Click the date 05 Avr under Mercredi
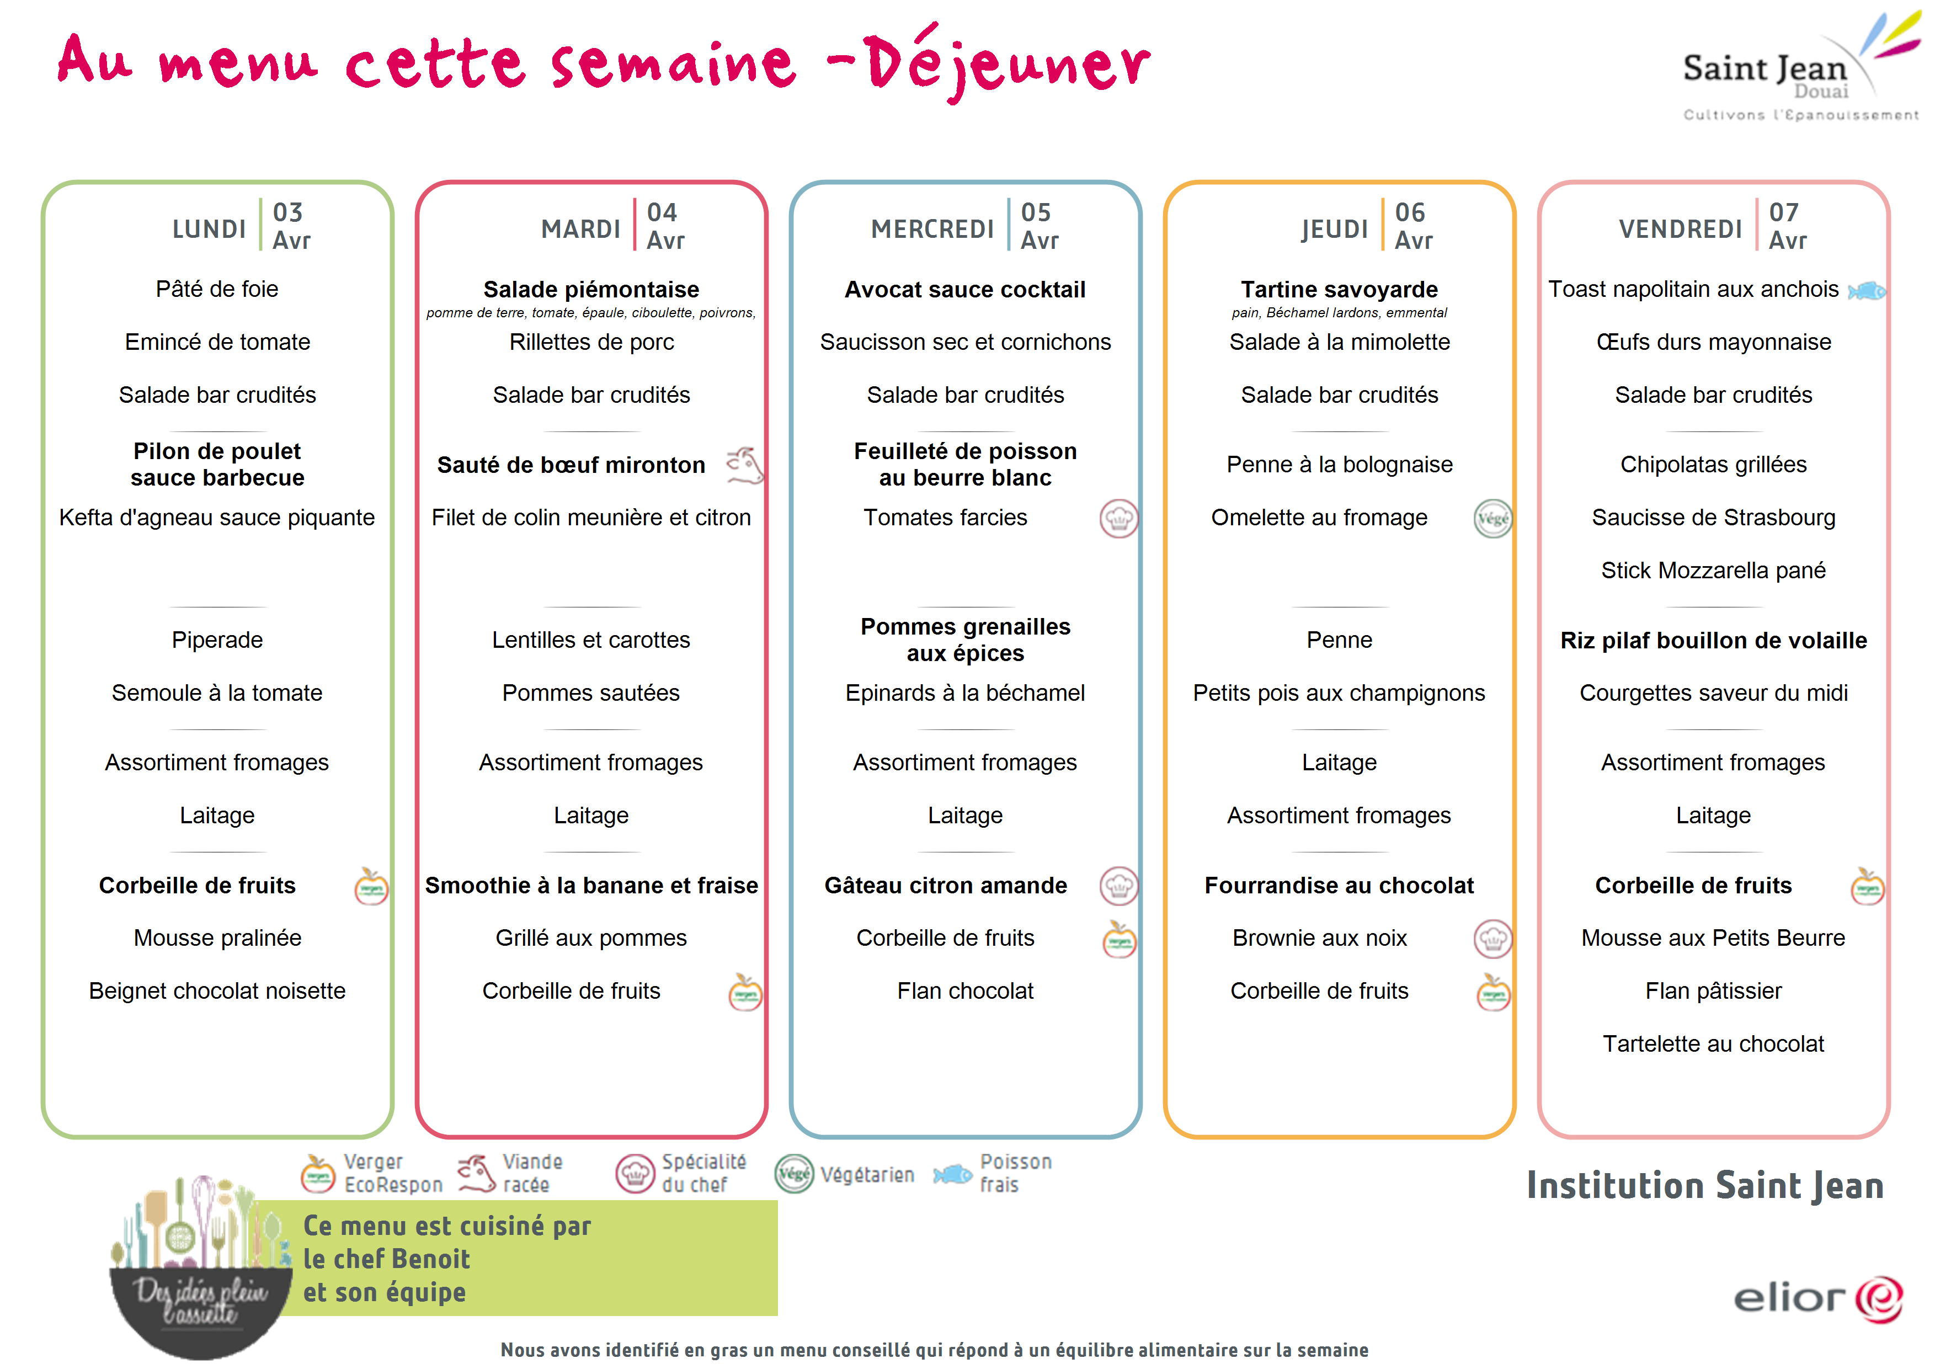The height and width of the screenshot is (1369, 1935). coord(1039,226)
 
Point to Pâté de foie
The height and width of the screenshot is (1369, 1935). coord(217,289)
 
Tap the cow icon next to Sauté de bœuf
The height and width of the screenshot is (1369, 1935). coord(745,465)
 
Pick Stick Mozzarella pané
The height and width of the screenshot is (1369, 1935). coord(1713,571)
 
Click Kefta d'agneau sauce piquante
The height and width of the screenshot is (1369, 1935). coord(217,518)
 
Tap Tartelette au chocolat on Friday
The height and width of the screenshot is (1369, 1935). coord(1713,1043)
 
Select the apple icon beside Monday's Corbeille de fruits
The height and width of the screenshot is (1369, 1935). coord(371,886)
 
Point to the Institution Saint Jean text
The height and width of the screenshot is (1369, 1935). coord(1705,1185)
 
